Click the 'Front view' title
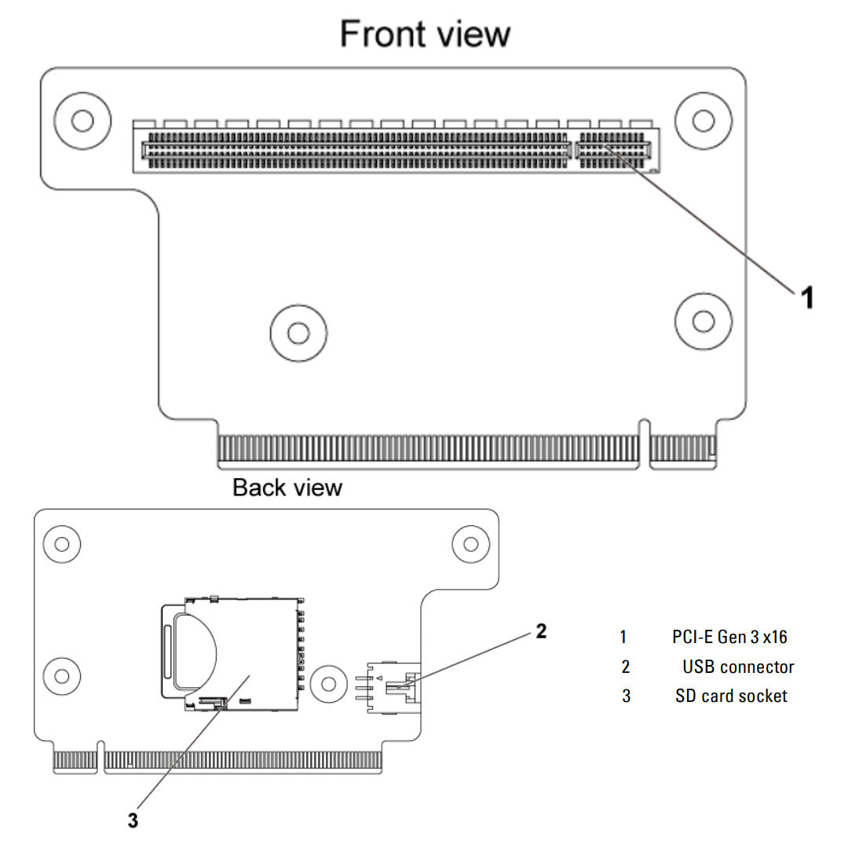point(425,35)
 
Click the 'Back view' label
point(287,488)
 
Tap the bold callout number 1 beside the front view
point(806,298)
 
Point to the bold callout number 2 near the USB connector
point(541,631)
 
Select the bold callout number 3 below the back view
point(133,821)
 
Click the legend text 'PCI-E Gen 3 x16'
point(729,636)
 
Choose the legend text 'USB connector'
point(738,667)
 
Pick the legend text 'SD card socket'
point(731,696)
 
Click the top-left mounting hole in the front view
point(81,120)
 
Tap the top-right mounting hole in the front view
point(704,120)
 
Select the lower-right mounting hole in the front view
point(704,320)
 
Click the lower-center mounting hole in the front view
point(298,333)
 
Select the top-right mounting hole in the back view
point(471,543)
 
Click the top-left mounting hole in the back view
point(61,543)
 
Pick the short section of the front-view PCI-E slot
point(614,149)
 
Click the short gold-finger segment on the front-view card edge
point(683,448)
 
